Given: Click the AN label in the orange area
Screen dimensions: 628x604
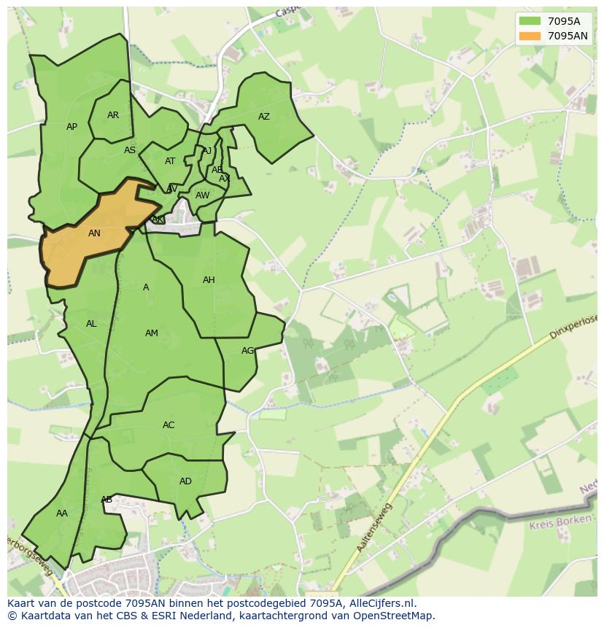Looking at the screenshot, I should coord(94,233).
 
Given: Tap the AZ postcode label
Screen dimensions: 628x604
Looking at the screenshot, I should coord(264,117).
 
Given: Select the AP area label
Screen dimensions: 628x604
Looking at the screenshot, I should coord(71,127).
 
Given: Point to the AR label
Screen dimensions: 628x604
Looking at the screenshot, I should coord(113,115).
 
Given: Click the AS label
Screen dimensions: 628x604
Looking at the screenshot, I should coord(130,150).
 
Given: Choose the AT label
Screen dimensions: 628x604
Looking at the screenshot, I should coord(170,161).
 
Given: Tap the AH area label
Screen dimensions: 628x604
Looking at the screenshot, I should coord(209,280).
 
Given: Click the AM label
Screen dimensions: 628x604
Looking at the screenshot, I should coord(151,333).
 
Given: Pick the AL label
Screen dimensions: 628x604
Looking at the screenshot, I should coord(91,324).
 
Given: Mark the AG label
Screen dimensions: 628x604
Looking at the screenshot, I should coord(247,351).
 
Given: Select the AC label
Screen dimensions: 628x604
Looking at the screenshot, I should coord(169,425).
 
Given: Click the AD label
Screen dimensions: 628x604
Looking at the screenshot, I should coord(185,481).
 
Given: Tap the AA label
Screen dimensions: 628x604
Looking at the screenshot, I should coord(62,513).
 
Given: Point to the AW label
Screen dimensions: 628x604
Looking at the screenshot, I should coord(202,195).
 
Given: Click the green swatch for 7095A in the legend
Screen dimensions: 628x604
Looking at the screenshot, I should coord(530,21).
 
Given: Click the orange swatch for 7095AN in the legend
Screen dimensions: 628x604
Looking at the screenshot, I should coord(530,36).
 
